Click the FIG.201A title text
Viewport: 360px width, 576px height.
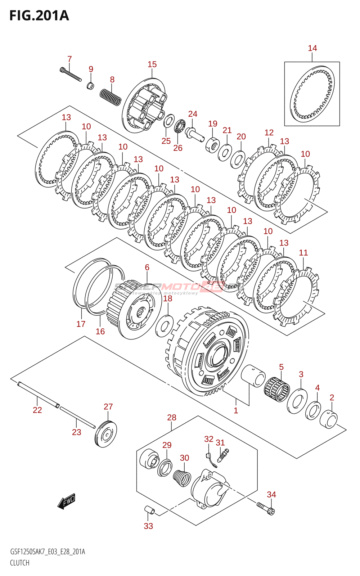[x=39, y=16]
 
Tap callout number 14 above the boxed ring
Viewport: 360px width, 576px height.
[x=312, y=48]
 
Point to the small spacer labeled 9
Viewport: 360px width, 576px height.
[x=90, y=86]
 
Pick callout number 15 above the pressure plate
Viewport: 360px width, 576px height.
[x=152, y=64]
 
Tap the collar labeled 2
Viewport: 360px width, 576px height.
[x=328, y=419]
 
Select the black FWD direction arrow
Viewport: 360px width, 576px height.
[x=67, y=501]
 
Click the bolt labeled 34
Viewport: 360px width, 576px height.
[x=266, y=508]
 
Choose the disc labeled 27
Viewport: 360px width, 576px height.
[x=106, y=434]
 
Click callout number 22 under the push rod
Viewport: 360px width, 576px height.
[x=37, y=410]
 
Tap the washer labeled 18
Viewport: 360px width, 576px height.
[x=164, y=325]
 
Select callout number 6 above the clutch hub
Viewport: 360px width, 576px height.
[x=147, y=267]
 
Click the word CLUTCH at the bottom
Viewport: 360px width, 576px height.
[x=20, y=563]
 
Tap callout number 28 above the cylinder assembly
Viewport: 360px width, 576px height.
[x=172, y=418]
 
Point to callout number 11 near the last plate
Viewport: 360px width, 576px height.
[x=303, y=253]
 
